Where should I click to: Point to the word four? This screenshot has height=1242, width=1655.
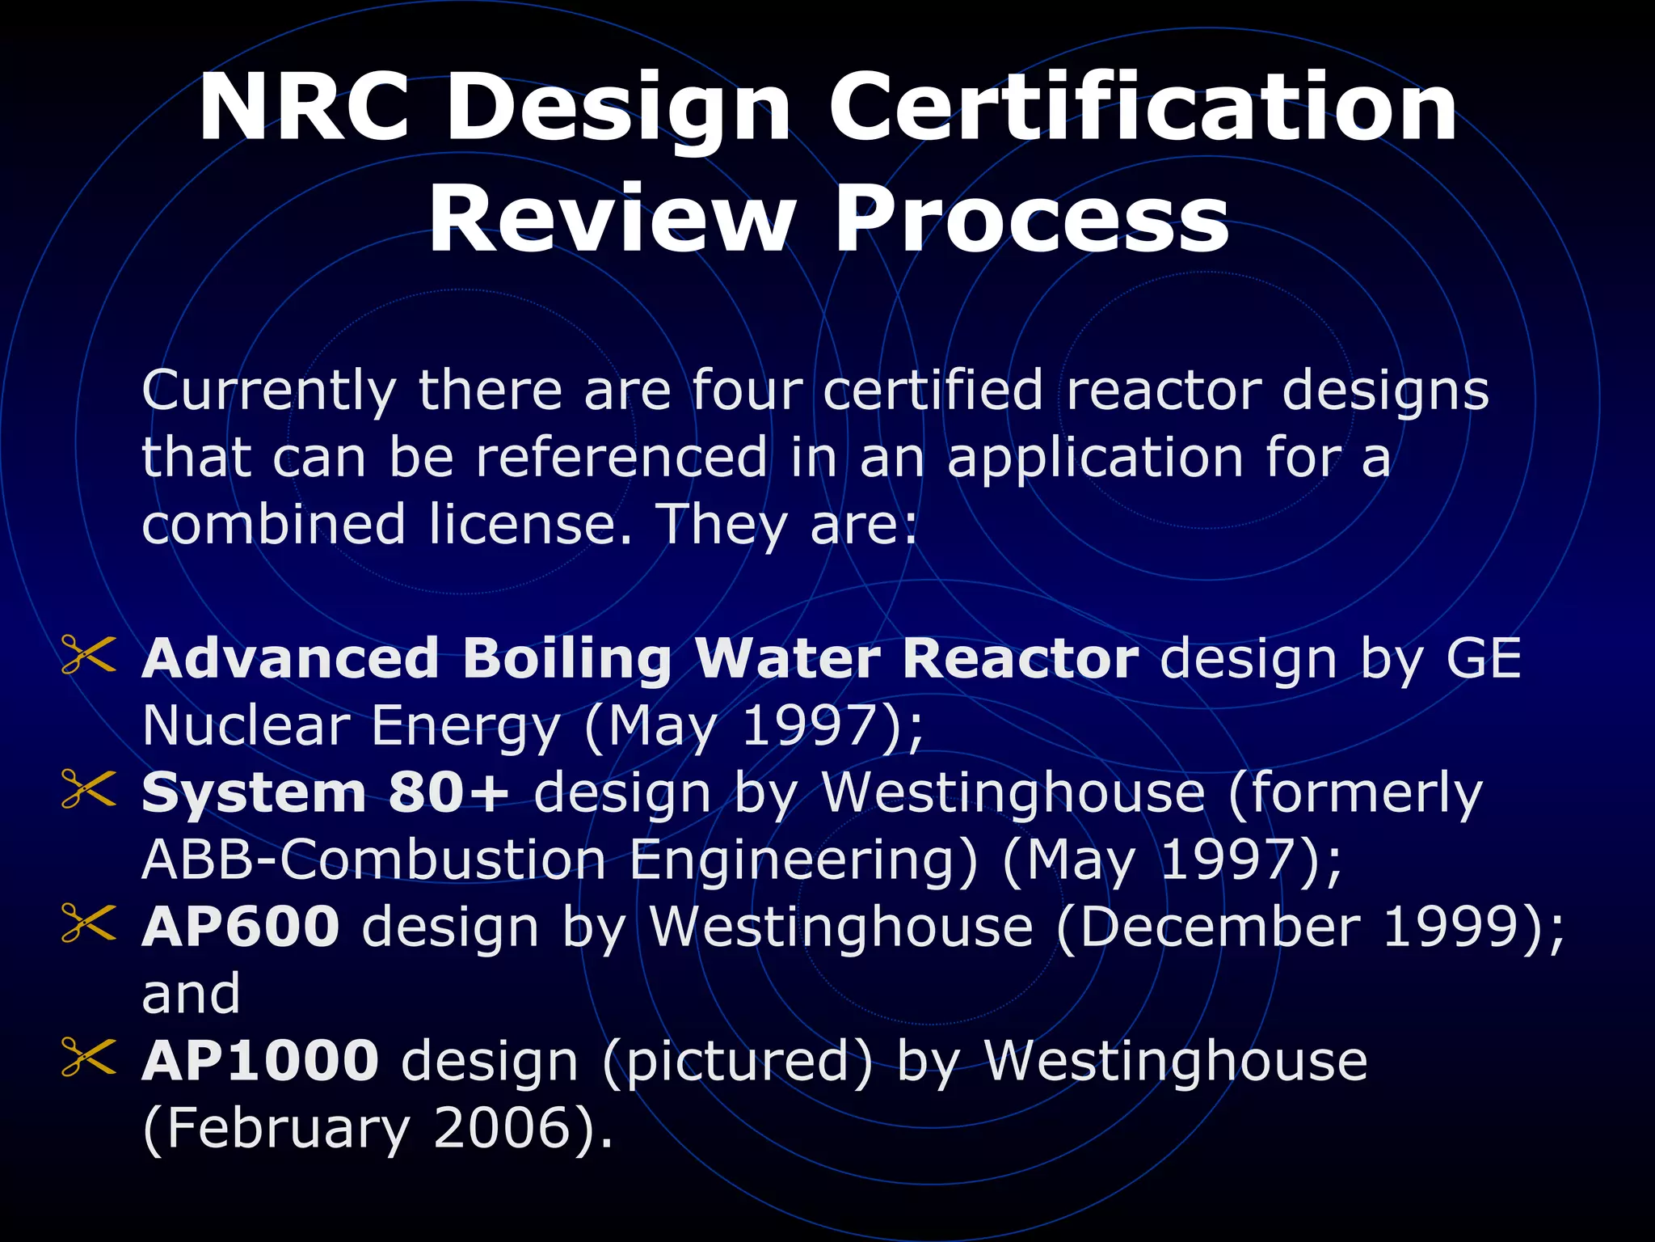pos(746,390)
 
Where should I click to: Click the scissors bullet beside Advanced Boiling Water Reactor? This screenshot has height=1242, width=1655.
pos(88,655)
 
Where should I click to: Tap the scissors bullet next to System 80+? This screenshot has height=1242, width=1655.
pos(88,789)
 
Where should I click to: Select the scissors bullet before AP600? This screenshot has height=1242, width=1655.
pos(88,923)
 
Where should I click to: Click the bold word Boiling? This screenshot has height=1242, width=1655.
pos(566,660)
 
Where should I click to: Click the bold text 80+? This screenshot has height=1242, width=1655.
pos(448,793)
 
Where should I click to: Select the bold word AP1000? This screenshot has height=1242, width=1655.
pos(260,1061)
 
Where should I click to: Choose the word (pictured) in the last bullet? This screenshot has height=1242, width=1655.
pos(738,1062)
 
